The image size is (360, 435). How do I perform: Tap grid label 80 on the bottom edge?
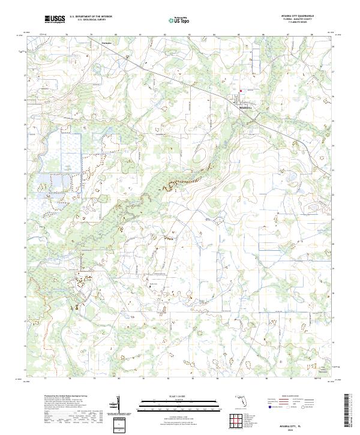[119, 379]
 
